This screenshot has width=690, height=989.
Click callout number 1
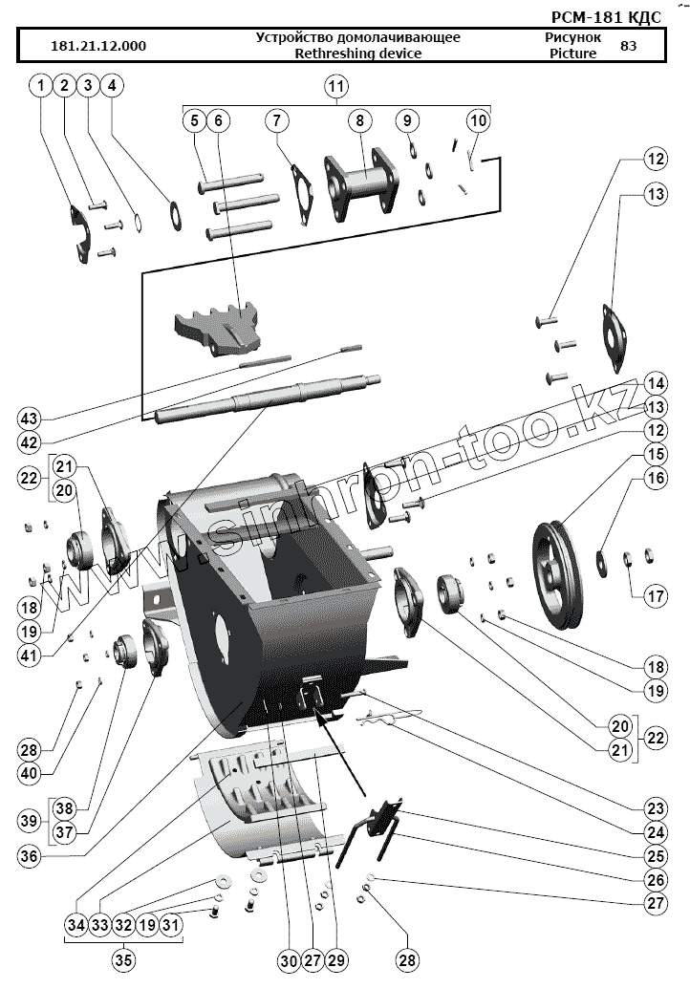40,87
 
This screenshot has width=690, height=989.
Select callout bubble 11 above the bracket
335,87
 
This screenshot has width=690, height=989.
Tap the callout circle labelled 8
360,121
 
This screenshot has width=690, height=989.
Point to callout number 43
29,419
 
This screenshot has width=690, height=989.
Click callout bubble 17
653,597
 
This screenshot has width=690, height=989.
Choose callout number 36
29,856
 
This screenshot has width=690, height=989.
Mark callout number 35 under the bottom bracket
123,960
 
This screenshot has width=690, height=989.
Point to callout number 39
29,822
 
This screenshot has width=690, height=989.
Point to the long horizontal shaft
268,398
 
